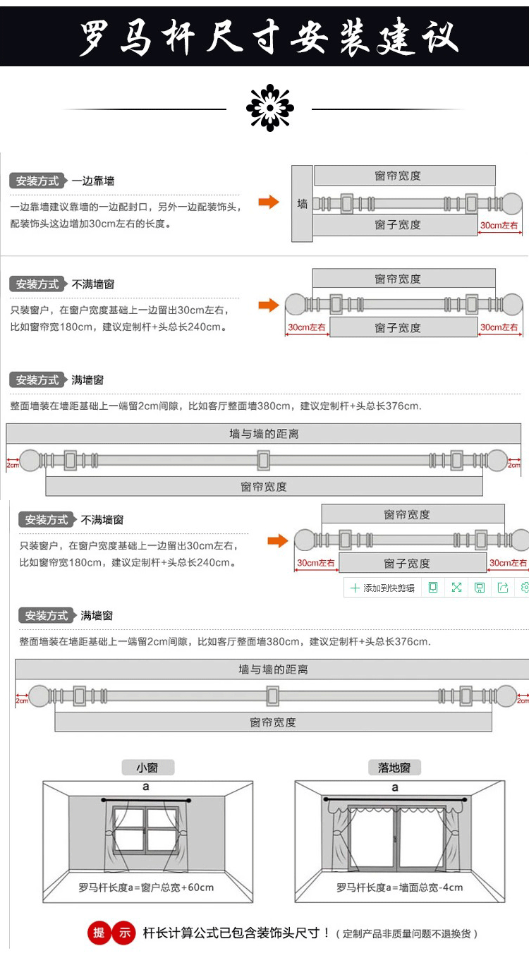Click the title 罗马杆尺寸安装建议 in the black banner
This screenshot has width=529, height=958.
(x=268, y=37)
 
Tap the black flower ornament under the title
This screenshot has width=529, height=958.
(x=269, y=108)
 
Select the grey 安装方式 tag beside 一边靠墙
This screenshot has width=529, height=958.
(x=37, y=181)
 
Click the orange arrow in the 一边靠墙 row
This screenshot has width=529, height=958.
(x=268, y=203)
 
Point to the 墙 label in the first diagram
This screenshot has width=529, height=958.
(x=303, y=204)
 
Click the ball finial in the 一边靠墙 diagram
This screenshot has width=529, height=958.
(x=511, y=204)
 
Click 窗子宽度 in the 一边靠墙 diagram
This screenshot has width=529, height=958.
(x=398, y=225)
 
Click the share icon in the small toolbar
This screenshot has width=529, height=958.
(x=503, y=588)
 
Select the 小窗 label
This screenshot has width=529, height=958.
(x=147, y=768)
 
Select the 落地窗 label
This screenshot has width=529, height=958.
(x=394, y=768)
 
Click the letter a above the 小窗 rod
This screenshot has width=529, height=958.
(x=146, y=787)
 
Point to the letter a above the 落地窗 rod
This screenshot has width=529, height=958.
(x=395, y=787)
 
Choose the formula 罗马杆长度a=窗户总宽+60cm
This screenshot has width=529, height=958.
(x=146, y=887)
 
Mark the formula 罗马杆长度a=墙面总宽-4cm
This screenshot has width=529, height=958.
(x=399, y=887)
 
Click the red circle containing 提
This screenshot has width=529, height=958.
(x=99, y=933)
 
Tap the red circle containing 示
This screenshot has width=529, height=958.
(x=124, y=933)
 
